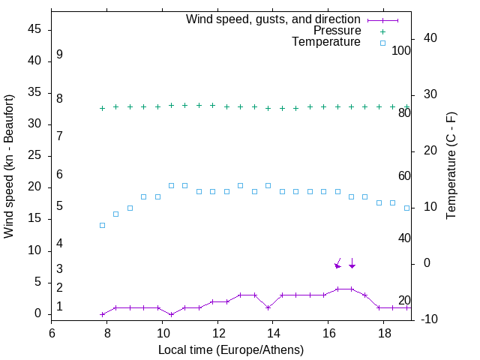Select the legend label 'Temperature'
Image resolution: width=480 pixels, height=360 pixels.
pyautogui.click(x=326, y=43)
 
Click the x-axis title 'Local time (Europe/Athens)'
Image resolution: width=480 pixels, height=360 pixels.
pyautogui.click(x=231, y=349)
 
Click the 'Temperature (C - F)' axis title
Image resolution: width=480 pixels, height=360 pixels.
pyautogui.click(x=451, y=166)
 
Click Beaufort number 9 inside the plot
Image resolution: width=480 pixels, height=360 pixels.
pyautogui.click(x=59, y=55)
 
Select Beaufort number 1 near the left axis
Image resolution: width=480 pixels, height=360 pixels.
pyautogui.click(x=59, y=307)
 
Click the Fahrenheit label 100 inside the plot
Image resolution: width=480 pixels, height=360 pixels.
pyautogui.click(x=401, y=50)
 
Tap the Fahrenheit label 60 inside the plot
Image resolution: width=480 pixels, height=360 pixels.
pyautogui.click(x=404, y=175)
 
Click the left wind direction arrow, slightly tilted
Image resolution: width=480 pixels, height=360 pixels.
pyautogui.click(x=338, y=262)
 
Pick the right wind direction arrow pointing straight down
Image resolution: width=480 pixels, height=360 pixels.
pyautogui.click(x=352, y=262)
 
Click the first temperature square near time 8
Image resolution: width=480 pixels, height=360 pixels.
pyautogui.click(x=102, y=225)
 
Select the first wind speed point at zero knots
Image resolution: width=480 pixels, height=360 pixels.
pyautogui.click(x=102, y=314)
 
